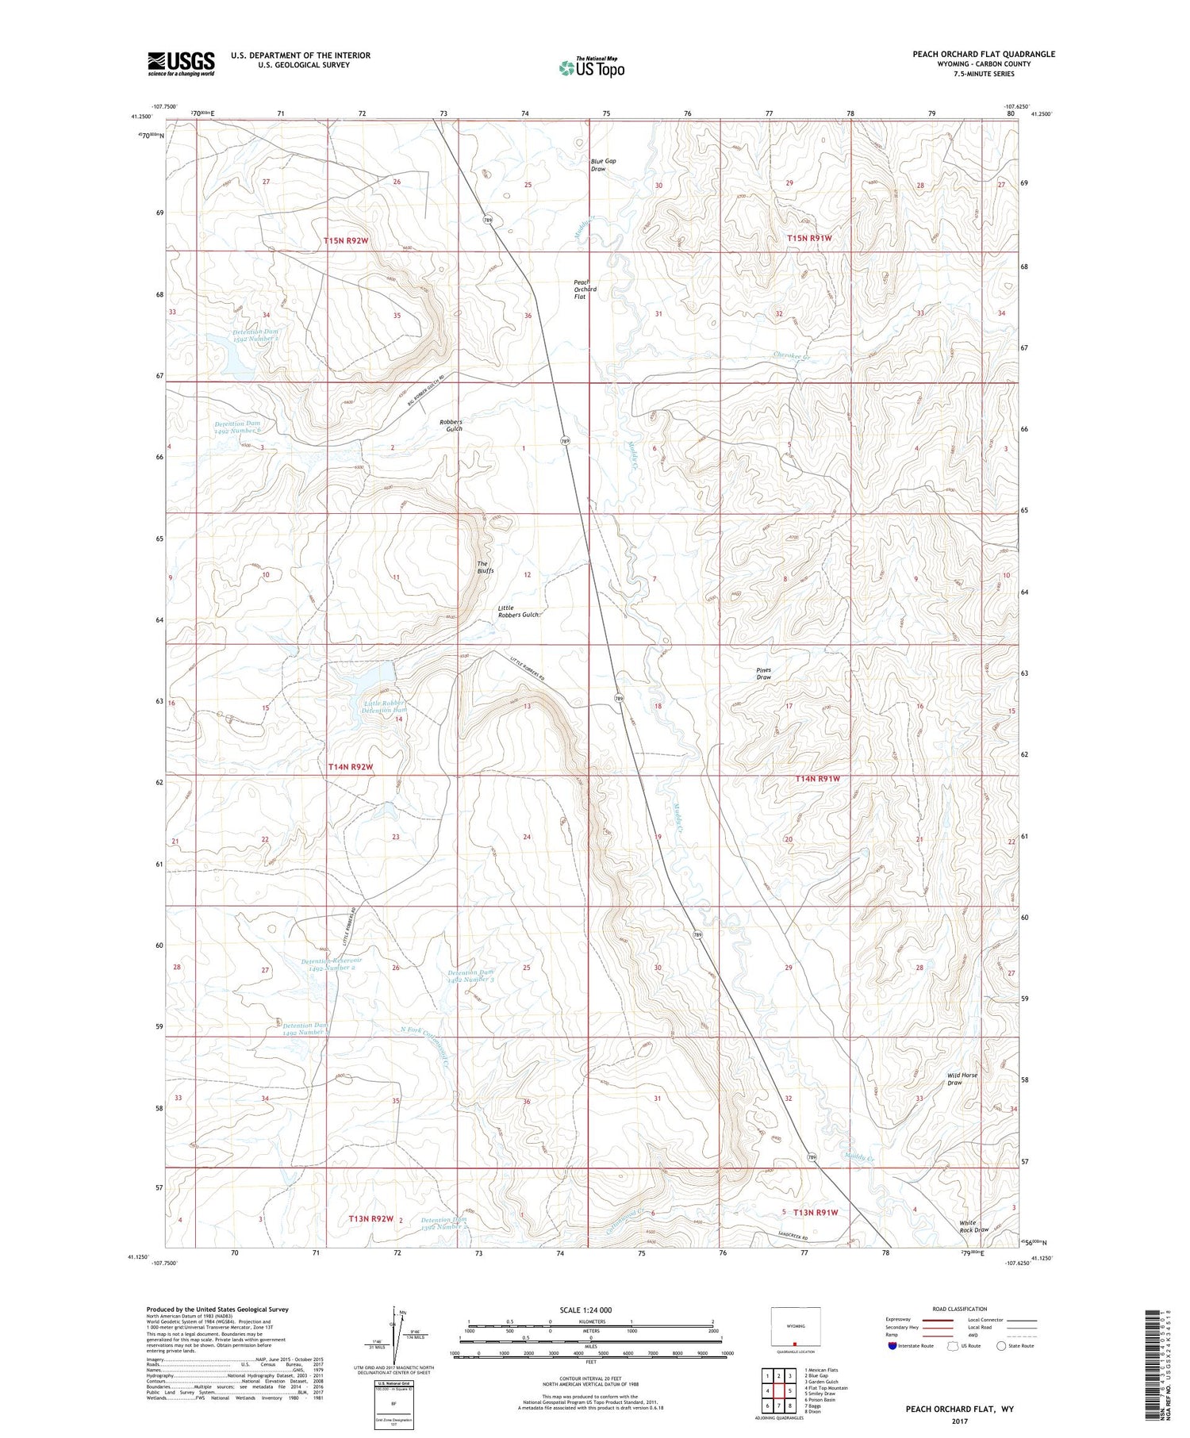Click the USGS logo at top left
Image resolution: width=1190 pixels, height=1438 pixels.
(x=181, y=63)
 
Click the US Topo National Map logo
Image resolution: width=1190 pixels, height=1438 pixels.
(x=591, y=68)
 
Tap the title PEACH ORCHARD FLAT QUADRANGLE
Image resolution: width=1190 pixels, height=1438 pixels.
(x=983, y=54)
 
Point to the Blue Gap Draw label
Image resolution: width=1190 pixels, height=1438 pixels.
(x=603, y=165)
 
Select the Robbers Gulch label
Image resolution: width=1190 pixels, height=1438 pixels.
(x=451, y=425)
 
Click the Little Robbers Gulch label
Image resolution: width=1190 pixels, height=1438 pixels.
(x=519, y=612)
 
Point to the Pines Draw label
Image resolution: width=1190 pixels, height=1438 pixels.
(x=763, y=673)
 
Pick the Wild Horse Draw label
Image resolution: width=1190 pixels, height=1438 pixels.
(x=962, y=1079)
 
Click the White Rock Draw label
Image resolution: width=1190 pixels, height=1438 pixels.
(x=973, y=1226)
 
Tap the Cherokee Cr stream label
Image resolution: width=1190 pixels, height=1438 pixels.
(x=793, y=356)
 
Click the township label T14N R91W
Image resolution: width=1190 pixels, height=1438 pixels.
(x=817, y=779)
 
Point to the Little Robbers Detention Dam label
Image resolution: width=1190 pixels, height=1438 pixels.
(x=385, y=706)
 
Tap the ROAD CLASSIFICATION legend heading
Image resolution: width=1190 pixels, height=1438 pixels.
(x=960, y=1309)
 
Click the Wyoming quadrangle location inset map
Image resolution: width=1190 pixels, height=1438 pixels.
(x=795, y=1327)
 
